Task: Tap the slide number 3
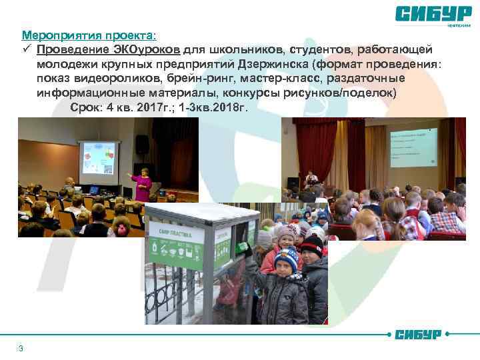point(21,349)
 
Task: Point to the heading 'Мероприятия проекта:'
point(91,35)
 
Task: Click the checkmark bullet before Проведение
point(27,49)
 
